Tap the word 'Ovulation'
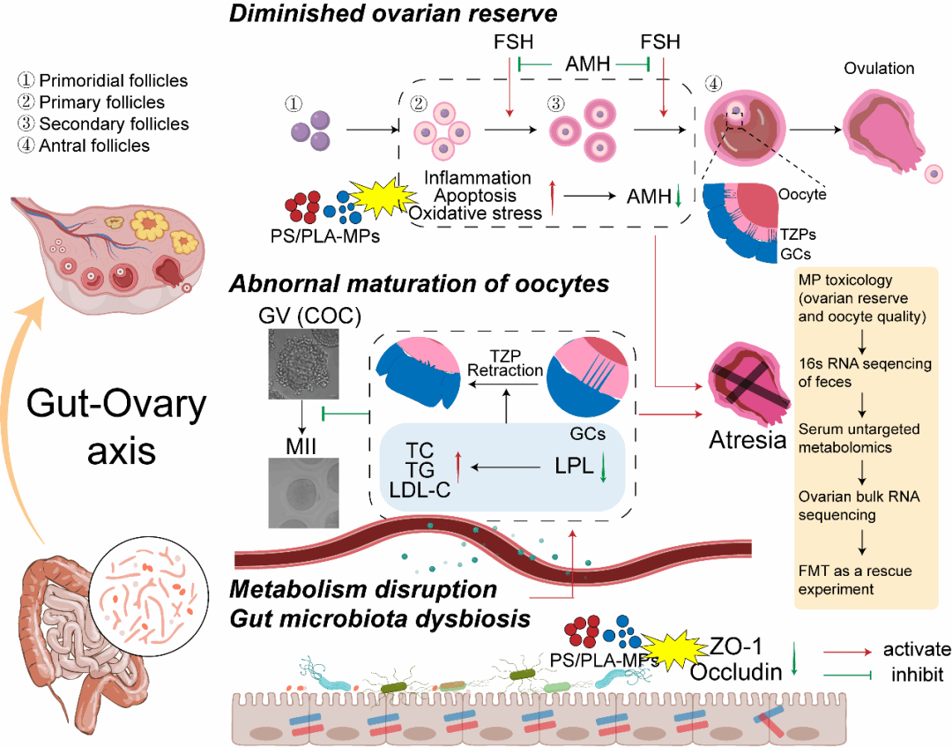[x=879, y=68]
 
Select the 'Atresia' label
[x=747, y=438]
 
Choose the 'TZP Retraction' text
[x=505, y=362]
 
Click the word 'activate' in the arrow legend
[x=918, y=650]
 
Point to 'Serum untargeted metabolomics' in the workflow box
[x=859, y=438]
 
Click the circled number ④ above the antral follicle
[x=714, y=84]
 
